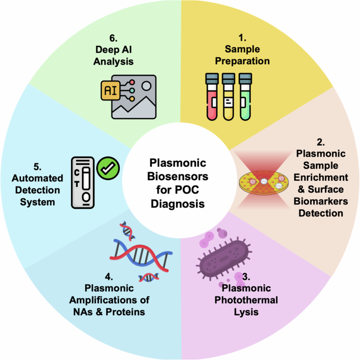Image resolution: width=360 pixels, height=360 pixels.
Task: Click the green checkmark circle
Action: click(110, 168)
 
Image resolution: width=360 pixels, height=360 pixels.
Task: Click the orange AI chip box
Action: click(110, 90)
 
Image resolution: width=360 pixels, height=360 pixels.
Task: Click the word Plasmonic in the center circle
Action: click(180, 162)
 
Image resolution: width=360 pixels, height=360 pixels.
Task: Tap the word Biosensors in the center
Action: click(180, 176)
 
